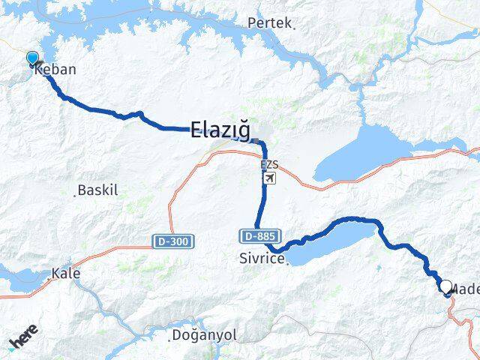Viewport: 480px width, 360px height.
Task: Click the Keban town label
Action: pos(55,70)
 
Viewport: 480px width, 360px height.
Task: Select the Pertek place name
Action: pos(268,23)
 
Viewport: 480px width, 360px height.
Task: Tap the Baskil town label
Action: pos(99,190)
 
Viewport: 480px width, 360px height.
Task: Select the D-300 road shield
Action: pos(173,241)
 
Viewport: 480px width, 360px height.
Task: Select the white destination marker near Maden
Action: pos(446,286)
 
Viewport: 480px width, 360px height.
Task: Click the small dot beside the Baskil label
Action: pos(76,194)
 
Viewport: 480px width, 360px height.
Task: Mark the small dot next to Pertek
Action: pos(294,28)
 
